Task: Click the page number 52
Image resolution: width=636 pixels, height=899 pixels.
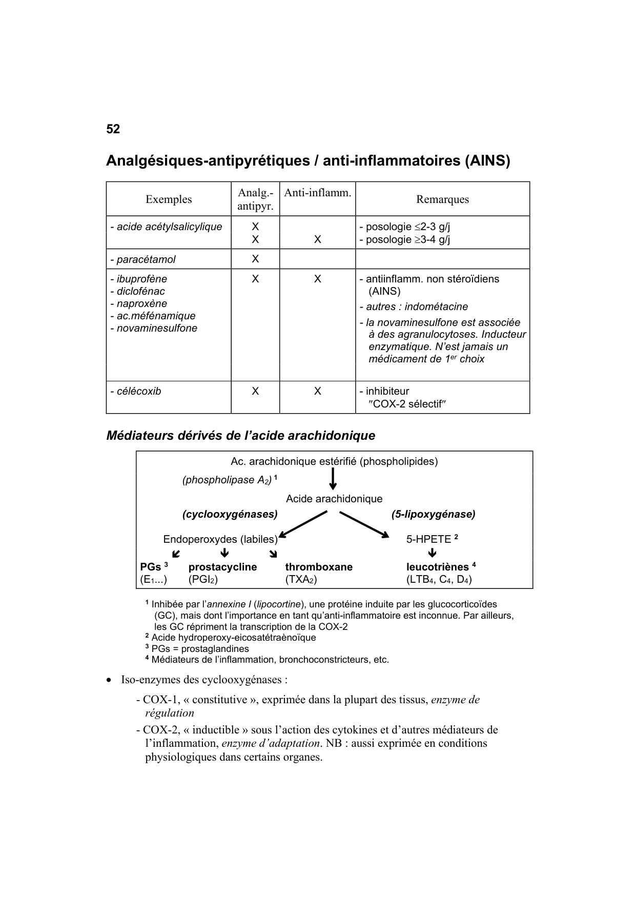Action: pyautogui.click(x=113, y=129)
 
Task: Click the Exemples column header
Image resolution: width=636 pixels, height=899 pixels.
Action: pyautogui.click(x=169, y=199)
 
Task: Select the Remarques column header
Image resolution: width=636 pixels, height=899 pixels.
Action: pyautogui.click(x=442, y=199)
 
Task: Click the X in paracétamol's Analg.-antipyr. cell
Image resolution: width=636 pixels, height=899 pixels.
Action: pyautogui.click(x=255, y=259)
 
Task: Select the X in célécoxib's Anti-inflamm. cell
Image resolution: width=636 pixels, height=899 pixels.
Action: pyautogui.click(x=318, y=391)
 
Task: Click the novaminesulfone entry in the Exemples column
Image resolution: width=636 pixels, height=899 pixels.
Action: pyautogui.click(x=156, y=328)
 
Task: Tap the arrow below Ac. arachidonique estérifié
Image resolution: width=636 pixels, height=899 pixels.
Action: pyautogui.click(x=333, y=479)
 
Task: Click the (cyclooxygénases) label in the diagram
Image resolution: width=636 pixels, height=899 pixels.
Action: pyautogui.click(x=230, y=514)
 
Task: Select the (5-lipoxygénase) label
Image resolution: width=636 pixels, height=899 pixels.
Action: pyautogui.click(x=433, y=514)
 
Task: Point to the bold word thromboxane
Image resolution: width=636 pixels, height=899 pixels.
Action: pyautogui.click(x=319, y=567)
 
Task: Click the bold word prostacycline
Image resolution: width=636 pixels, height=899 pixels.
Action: pyautogui.click(x=222, y=567)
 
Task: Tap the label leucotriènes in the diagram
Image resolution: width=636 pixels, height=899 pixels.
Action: pyautogui.click(x=437, y=567)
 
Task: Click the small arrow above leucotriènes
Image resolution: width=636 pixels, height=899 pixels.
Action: pyautogui.click(x=432, y=553)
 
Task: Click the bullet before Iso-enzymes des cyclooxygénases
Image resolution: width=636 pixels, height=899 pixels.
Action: pyautogui.click(x=109, y=680)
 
